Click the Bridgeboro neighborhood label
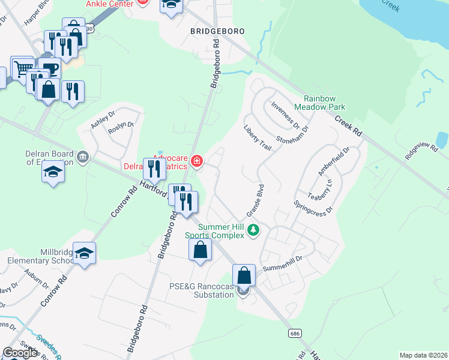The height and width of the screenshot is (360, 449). [218, 30]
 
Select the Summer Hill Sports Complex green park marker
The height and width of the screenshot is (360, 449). [254, 229]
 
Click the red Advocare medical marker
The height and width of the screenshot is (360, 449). [196, 160]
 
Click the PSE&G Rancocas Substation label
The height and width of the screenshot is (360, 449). [201, 290]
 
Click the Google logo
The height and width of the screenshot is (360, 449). [20, 352]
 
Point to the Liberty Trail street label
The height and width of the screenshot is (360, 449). [257, 137]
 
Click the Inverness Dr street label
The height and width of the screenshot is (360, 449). [285, 114]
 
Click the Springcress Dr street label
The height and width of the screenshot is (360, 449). [313, 204]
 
